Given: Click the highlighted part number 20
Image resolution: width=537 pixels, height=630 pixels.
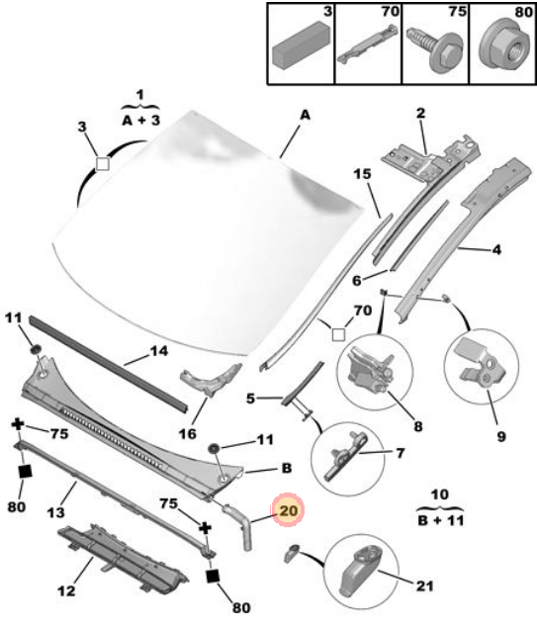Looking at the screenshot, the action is pyautogui.click(x=289, y=510).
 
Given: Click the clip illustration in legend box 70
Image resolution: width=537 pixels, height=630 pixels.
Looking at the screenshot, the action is pyautogui.click(x=368, y=44).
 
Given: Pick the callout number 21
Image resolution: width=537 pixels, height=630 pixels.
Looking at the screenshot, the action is pyautogui.click(x=424, y=585).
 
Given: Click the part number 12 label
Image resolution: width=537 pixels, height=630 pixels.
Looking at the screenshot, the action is pyautogui.click(x=66, y=590).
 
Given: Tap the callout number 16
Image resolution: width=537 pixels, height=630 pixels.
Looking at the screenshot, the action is pyautogui.click(x=188, y=433).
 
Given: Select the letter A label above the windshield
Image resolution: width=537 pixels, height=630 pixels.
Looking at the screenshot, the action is pyautogui.click(x=306, y=115).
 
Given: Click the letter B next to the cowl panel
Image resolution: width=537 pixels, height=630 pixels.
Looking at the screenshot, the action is pyautogui.click(x=287, y=468).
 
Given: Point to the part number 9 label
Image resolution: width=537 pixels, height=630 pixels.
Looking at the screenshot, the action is pyautogui.click(x=501, y=436).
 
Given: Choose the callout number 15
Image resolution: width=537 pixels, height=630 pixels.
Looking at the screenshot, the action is pyautogui.click(x=362, y=174).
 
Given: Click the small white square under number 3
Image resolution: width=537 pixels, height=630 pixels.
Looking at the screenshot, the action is pyautogui.click(x=103, y=163).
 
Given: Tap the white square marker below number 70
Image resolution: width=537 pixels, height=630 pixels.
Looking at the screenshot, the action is pyautogui.click(x=338, y=334).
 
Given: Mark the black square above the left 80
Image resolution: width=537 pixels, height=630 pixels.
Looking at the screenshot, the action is pyautogui.click(x=26, y=472).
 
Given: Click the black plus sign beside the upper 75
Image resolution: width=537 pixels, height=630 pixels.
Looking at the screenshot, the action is pyautogui.click(x=17, y=424).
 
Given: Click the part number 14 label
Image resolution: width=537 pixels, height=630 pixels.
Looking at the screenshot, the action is pyautogui.click(x=158, y=351).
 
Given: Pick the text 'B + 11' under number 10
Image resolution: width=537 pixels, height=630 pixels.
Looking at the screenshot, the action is pyautogui.click(x=441, y=520).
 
